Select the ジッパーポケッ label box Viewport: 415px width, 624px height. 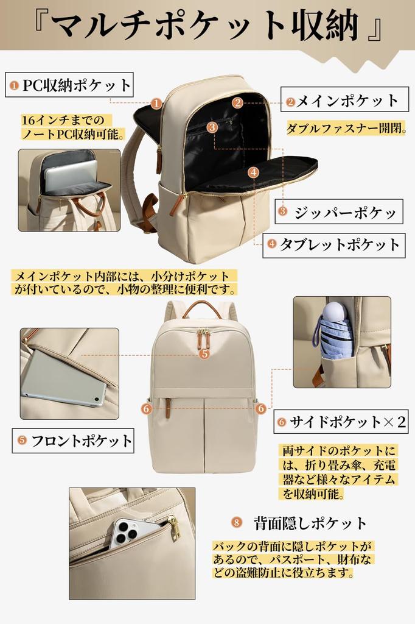(x=339, y=212)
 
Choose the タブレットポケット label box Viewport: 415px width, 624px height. (x=334, y=245)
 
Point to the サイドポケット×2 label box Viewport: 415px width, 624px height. (x=342, y=422)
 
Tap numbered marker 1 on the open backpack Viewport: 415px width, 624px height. (x=156, y=104)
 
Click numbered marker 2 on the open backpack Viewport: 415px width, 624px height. (x=237, y=102)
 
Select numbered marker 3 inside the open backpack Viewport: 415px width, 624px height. (x=212, y=127)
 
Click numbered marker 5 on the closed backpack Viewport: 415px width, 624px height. (x=204, y=353)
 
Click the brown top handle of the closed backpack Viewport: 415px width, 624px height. (x=201, y=306)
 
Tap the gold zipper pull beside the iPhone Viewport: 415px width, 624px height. (x=174, y=528)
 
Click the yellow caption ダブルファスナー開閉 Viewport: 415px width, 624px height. (x=346, y=129)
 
